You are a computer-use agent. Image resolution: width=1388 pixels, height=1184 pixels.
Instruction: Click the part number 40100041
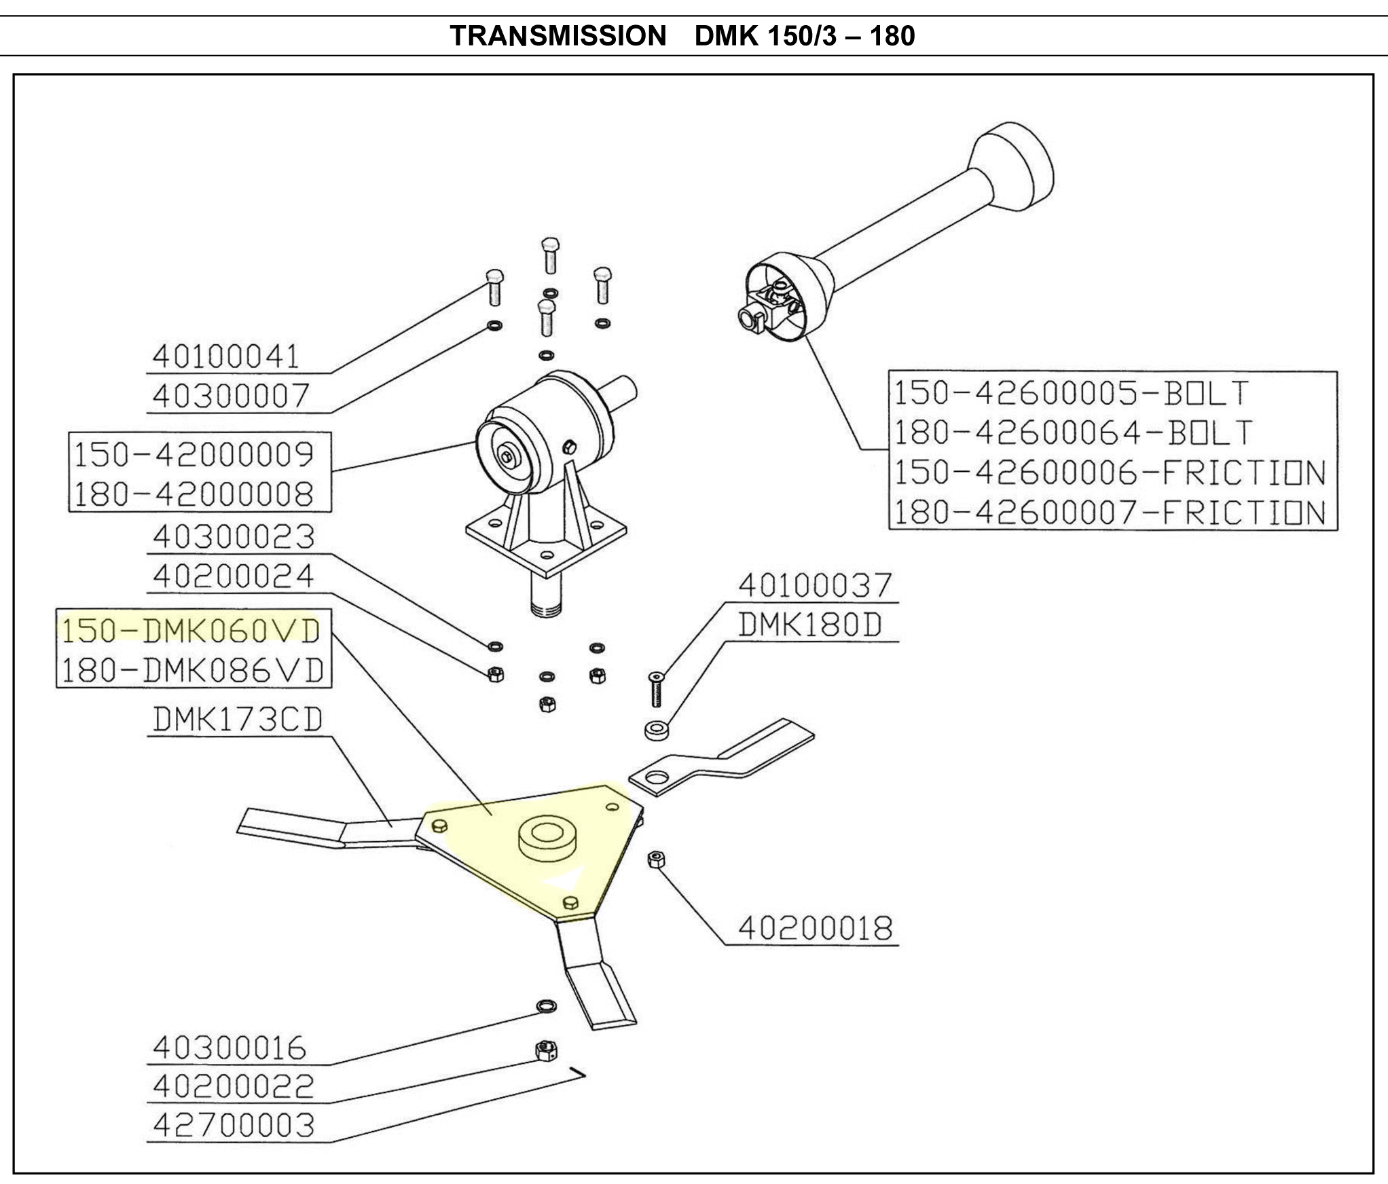(225, 356)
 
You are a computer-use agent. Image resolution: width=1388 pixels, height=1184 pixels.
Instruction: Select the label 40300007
(231, 396)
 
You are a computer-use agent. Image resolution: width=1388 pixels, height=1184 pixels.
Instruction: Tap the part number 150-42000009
(194, 454)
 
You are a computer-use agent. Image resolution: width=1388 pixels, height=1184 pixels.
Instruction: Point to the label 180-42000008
(194, 494)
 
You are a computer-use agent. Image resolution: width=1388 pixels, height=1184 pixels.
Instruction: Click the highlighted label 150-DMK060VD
(191, 631)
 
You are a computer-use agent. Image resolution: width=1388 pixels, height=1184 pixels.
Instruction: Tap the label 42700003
(234, 1126)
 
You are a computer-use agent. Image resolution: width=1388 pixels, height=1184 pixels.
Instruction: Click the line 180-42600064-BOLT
(1073, 432)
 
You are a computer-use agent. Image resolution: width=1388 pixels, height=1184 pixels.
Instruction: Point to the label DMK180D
(810, 625)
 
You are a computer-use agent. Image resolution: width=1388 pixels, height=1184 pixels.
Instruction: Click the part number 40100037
(815, 586)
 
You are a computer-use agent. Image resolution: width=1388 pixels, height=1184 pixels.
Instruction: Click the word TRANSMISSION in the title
(558, 35)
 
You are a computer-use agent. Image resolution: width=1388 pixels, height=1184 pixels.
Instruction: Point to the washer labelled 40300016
(546, 1005)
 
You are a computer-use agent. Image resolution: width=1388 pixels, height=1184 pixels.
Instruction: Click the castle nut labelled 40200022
(547, 1051)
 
